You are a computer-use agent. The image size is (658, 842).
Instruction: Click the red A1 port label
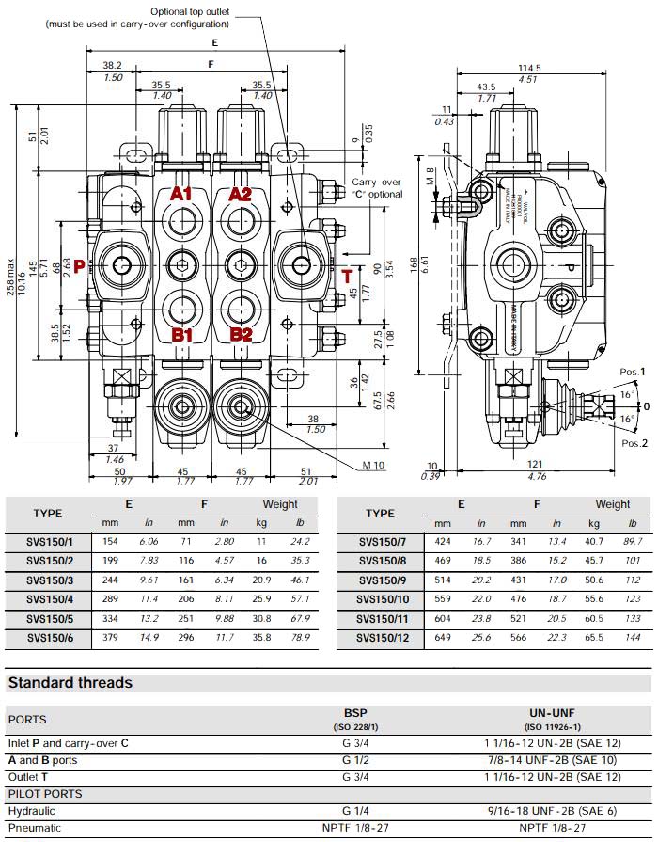(180, 195)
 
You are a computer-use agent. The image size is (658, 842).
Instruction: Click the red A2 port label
(241, 195)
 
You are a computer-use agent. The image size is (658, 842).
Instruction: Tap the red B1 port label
(181, 334)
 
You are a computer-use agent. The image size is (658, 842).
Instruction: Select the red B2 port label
(242, 334)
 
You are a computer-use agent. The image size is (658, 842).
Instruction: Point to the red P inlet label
(80, 266)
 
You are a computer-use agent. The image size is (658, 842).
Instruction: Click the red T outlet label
(347, 276)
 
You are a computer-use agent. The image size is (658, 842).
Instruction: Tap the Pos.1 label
(633, 373)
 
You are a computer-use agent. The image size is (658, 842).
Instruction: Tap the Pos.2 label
(634, 443)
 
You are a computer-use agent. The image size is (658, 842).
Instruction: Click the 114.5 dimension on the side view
(529, 68)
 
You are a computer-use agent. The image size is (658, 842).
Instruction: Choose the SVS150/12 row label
(379, 637)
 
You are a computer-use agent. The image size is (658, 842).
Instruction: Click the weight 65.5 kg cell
(594, 637)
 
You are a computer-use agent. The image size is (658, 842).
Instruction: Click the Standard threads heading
(70, 682)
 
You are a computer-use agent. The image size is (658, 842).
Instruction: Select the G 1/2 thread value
(354, 760)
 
